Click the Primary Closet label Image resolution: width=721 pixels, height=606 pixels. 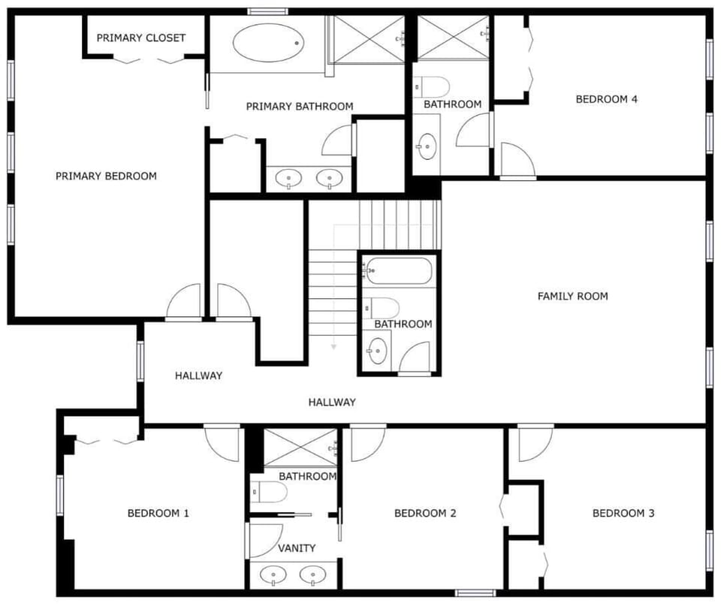(x=140, y=38)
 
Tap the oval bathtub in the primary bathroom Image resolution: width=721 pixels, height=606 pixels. (x=268, y=43)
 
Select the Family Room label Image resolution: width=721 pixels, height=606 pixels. (x=572, y=296)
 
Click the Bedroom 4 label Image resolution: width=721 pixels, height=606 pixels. (x=607, y=99)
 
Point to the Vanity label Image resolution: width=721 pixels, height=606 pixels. (x=297, y=548)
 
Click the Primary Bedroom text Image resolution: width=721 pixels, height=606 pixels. (x=106, y=176)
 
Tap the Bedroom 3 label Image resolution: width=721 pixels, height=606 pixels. (x=623, y=513)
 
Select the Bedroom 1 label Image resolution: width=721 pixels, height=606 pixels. (x=158, y=513)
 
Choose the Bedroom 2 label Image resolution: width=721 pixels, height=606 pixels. (x=425, y=513)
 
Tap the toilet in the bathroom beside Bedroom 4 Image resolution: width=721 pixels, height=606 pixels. (x=431, y=87)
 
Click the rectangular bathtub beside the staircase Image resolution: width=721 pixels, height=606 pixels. (x=398, y=271)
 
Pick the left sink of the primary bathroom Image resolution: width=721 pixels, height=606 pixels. (x=288, y=178)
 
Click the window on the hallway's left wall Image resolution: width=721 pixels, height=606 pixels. (x=140, y=361)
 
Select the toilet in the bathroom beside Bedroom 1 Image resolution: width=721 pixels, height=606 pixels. (x=270, y=493)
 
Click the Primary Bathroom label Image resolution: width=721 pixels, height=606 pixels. (x=300, y=107)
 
